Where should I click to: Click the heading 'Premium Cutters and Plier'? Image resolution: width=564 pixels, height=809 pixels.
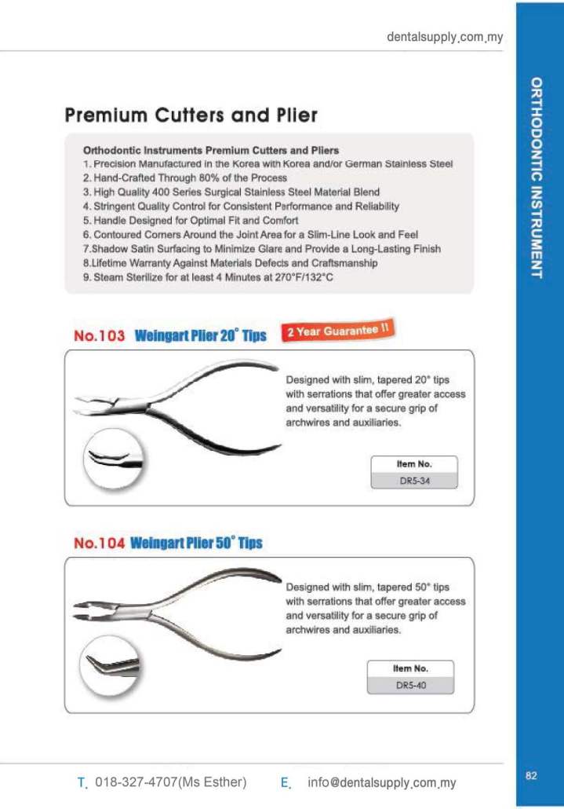pyautogui.click(x=191, y=115)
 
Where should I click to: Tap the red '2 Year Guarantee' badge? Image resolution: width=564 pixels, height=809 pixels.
pyautogui.click(x=337, y=331)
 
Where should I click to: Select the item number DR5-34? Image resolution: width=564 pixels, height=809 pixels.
pyautogui.click(x=413, y=481)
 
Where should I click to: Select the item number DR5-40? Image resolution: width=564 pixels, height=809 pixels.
pyautogui.click(x=410, y=686)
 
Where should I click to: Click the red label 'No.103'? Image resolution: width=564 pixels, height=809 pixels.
pyautogui.click(x=99, y=336)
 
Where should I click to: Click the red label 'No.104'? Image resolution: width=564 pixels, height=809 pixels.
pyautogui.click(x=99, y=544)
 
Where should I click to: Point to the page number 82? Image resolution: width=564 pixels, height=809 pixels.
pyautogui.click(x=531, y=776)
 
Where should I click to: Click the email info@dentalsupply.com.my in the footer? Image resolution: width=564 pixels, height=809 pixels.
pyautogui.click(x=381, y=782)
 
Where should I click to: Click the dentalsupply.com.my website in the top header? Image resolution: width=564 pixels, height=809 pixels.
pyautogui.click(x=445, y=37)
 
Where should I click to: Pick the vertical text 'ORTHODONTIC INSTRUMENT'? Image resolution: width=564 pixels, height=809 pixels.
pyautogui.click(x=536, y=178)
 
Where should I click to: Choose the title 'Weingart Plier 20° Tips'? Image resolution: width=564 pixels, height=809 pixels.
pyautogui.click(x=200, y=336)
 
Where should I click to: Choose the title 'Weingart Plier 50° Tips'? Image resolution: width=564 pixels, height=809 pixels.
pyautogui.click(x=196, y=544)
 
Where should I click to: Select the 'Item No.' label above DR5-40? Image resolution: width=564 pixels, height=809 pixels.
pyautogui.click(x=410, y=668)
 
